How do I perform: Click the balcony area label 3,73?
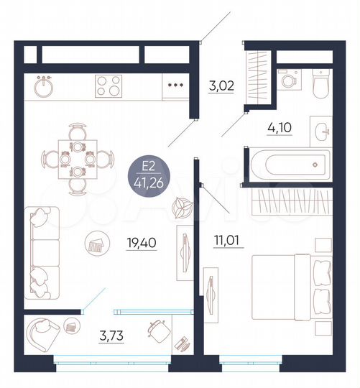point(112,334)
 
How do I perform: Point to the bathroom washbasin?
point(321,131)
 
